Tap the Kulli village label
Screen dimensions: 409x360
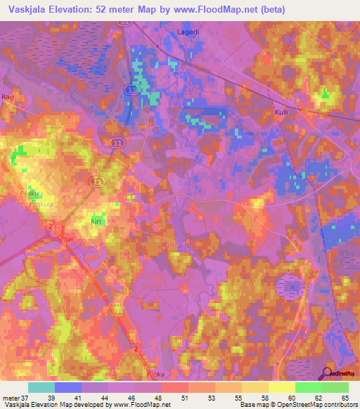pyautogui.click(x=283, y=112)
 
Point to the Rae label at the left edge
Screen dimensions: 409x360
pyautogui.click(x=8, y=97)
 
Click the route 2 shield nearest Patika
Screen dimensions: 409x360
pyautogui.click(x=135, y=349)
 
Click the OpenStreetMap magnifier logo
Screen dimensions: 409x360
pyautogui.click(x=328, y=373)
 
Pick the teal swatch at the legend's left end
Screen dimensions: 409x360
pyautogui.click(x=41, y=387)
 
